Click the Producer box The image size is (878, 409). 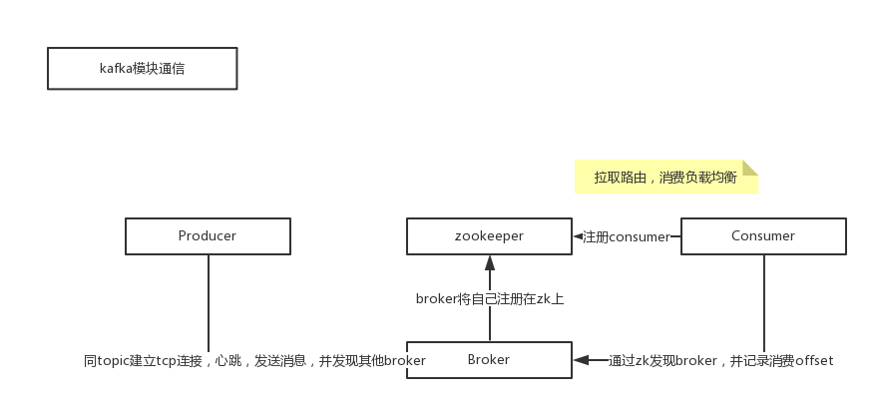pos(208,236)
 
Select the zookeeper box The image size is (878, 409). pos(489,236)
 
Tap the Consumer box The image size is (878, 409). pos(763,236)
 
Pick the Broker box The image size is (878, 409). pos(489,360)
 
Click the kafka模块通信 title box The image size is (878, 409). pos(142,70)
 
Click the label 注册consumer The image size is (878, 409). pos(626,237)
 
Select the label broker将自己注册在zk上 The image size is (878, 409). pos(490,298)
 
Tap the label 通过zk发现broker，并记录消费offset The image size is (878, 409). pos(720,360)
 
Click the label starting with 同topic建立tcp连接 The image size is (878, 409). pos(255,360)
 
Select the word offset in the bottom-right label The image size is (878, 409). pos(813,360)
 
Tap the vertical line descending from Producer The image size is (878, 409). pos(209,299)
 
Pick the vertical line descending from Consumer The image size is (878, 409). pos(763,299)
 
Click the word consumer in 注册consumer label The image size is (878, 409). pos(639,237)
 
